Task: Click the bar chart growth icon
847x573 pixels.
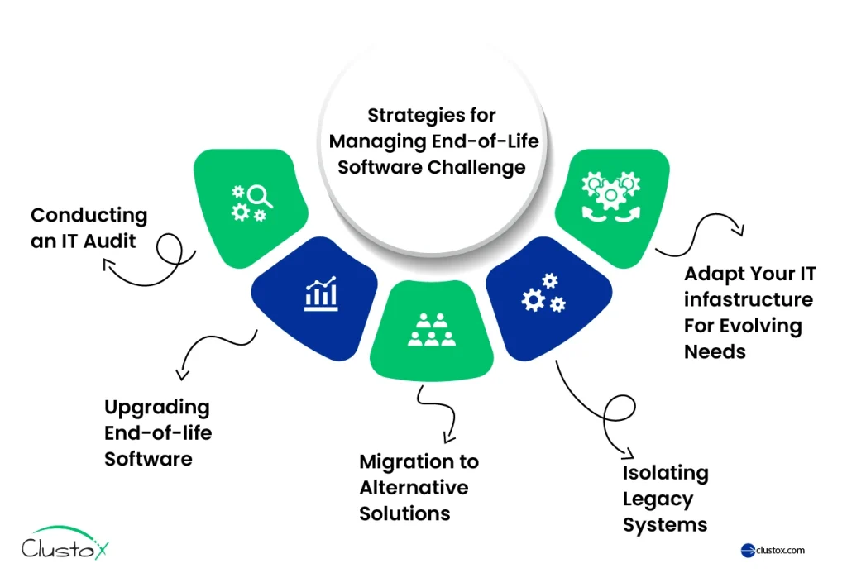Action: (321, 294)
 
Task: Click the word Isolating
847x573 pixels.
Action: (666, 473)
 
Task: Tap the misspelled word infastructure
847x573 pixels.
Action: (749, 298)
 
